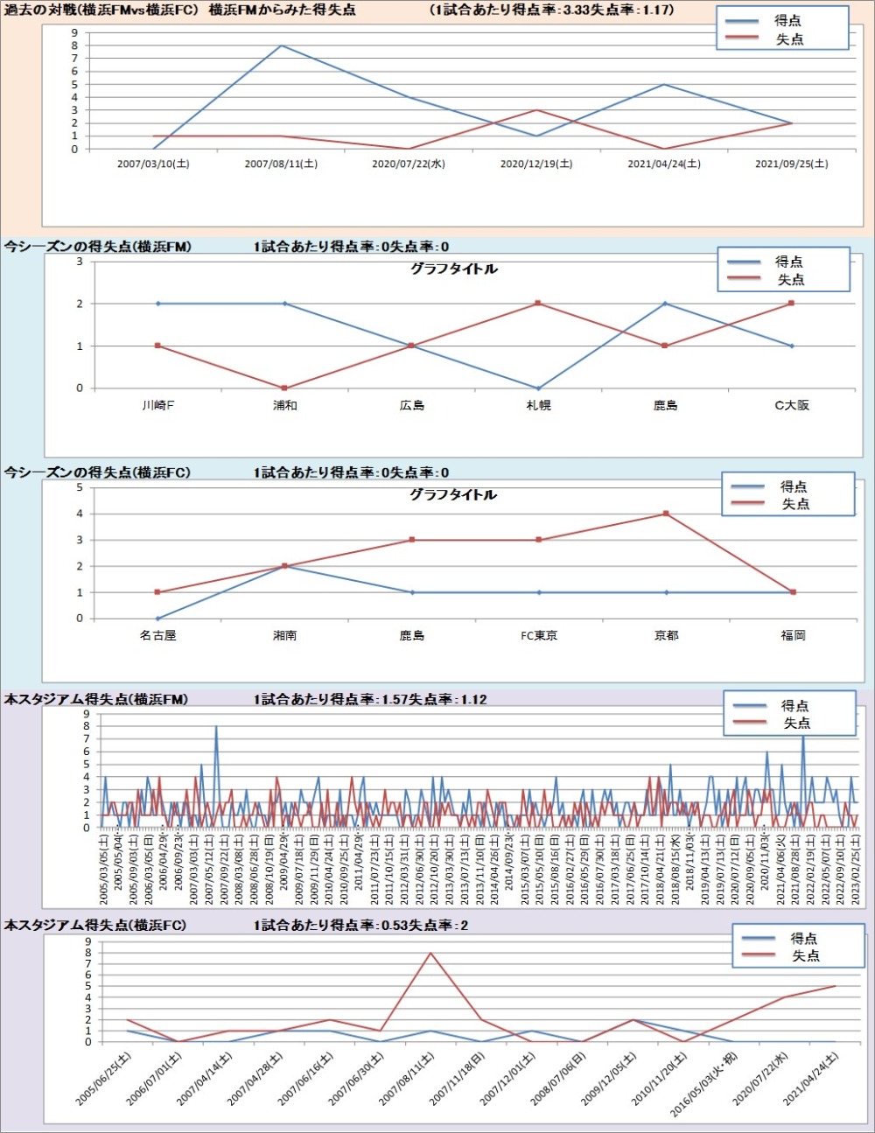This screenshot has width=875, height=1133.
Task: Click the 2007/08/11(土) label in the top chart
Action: [281, 164]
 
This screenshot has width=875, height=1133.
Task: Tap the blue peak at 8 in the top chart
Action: [281, 45]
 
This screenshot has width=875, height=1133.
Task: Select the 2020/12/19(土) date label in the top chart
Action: [536, 164]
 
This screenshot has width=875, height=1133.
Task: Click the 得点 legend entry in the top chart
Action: [787, 20]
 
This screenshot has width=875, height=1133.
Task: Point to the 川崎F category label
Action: [158, 405]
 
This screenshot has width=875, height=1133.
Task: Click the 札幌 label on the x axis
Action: [539, 405]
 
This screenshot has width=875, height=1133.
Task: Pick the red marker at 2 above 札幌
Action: [539, 304]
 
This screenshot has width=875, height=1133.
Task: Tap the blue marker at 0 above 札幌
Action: [539, 388]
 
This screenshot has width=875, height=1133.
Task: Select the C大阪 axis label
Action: [792, 405]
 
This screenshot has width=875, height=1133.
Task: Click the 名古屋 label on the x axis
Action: [158, 635]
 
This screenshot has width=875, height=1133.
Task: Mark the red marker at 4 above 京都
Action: [666, 514]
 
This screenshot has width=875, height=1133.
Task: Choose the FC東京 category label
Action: [539, 635]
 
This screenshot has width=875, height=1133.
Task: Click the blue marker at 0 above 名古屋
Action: [158, 618]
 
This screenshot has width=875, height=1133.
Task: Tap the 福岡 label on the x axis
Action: [793, 635]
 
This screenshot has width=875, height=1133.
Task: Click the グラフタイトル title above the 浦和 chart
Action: [453, 269]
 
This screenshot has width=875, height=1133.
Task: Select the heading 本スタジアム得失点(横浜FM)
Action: [96, 699]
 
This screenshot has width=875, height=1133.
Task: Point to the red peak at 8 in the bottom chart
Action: [430, 953]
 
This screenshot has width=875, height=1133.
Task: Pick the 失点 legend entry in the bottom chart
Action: [805, 955]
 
